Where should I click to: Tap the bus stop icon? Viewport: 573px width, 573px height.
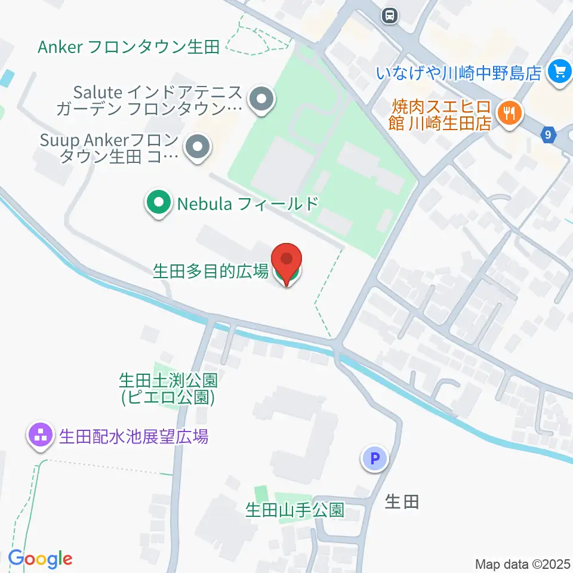[x=390, y=14]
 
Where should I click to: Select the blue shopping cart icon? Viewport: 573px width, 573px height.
[x=560, y=72]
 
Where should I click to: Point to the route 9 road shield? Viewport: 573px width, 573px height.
[x=547, y=135]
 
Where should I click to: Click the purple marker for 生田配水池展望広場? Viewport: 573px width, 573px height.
[x=41, y=436]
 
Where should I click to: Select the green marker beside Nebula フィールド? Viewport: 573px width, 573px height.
[x=158, y=204]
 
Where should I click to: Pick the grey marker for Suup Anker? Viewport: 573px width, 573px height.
[x=197, y=149]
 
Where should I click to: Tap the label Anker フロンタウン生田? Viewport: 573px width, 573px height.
[x=129, y=47]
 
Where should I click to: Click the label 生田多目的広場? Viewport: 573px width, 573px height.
[x=211, y=272]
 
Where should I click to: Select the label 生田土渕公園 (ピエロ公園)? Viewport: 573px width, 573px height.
[x=168, y=388]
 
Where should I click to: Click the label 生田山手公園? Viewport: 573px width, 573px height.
[x=295, y=510]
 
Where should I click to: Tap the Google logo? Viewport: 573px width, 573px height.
[x=40, y=559]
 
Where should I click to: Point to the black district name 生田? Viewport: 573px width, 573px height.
[x=402, y=501]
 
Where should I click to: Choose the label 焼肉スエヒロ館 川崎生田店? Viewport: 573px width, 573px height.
[x=442, y=115]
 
